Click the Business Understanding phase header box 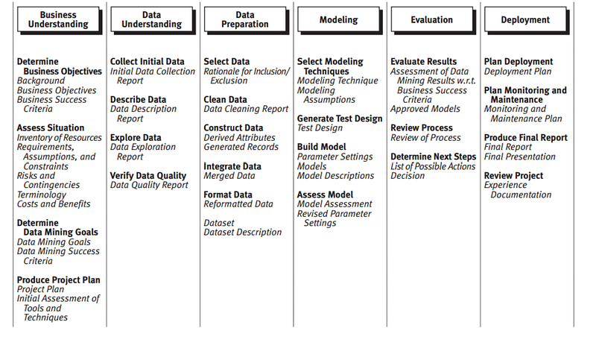click(x=58, y=19)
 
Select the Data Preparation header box click(x=245, y=19)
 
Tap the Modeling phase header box click(x=338, y=20)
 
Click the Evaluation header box click(x=431, y=20)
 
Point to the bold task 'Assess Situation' click(x=51, y=128)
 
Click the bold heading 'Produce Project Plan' click(x=58, y=280)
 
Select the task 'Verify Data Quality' click(x=148, y=176)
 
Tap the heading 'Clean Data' click(x=225, y=100)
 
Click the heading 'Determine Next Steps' click(x=433, y=157)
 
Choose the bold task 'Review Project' click(x=514, y=176)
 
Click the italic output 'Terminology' click(x=42, y=195)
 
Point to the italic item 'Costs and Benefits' click(x=54, y=204)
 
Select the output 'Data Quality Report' click(x=149, y=186)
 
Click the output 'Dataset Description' click(x=243, y=233)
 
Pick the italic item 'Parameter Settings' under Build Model click(x=335, y=157)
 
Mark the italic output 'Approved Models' click(x=425, y=109)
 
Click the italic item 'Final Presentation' click(x=520, y=157)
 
